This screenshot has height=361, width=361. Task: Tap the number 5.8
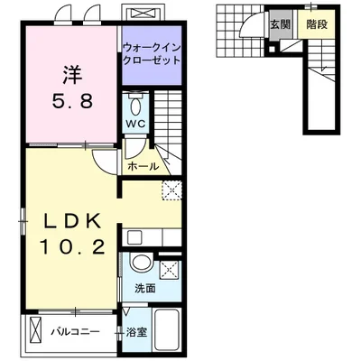coord(72,100)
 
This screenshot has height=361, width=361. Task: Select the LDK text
coord(72,222)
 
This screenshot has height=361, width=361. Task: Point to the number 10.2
coord(72,248)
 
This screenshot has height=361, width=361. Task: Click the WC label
coord(136,124)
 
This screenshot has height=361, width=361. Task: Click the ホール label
coord(143,166)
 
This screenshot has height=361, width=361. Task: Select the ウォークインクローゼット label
coord(152,53)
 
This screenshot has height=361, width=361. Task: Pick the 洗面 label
coord(145,288)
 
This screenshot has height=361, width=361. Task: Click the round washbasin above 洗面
coord(141,263)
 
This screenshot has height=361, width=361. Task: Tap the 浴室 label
coord(136,332)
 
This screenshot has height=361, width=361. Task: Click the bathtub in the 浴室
coord(166,330)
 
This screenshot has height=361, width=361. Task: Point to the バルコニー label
coord(75,332)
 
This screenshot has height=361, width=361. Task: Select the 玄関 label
coord(280,24)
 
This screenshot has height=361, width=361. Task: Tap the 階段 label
coord(317,24)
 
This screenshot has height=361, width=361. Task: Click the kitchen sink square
coord(133,237)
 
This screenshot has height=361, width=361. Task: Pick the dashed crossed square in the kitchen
coord(172,190)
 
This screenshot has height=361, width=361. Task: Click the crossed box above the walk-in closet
coord(143,14)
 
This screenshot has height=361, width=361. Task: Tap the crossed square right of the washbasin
coord(170,270)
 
